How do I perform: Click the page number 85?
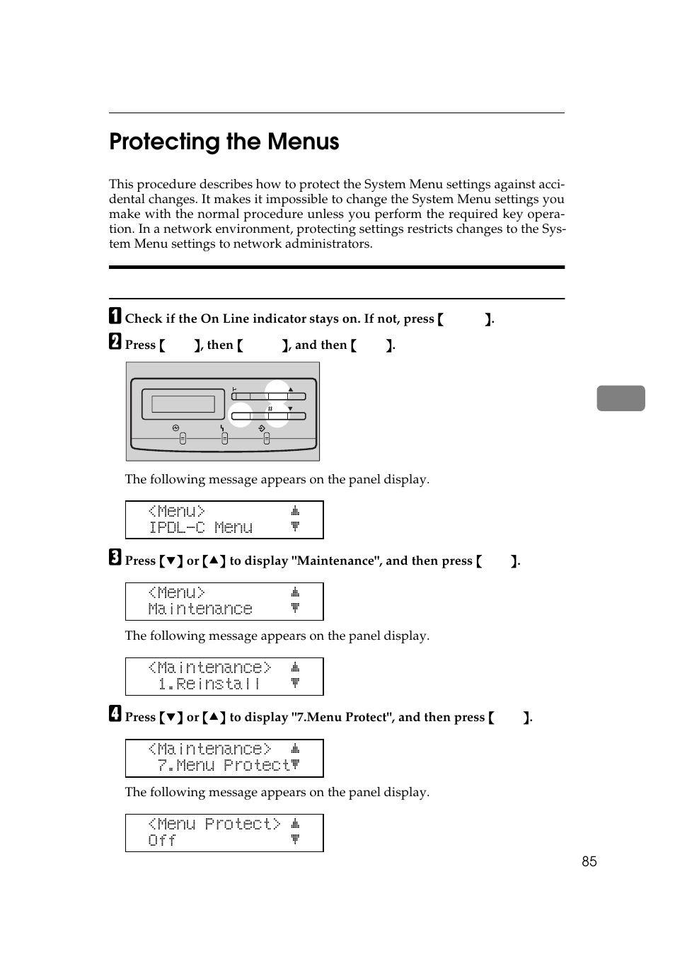(x=589, y=861)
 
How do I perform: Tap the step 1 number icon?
(x=115, y=316)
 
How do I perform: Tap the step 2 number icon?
(x=115, y=343)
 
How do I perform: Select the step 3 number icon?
(x=115, y=558)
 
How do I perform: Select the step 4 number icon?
(x=115, y=715)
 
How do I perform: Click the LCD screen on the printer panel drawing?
(x=183, y=404)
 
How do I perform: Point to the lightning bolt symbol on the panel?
(x=222, y=428)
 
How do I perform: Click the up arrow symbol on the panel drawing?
(x=290, y=389)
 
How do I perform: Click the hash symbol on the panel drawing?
(x=270, y=409)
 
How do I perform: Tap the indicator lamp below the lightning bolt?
(x=224, y=439)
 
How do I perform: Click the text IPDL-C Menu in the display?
(x=200, y=528)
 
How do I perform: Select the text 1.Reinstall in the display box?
(x=209, y=684)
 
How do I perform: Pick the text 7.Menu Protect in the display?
(x=224, y=766)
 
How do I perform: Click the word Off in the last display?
(x=162, y=841)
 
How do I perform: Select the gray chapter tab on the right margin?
(x=621, y=398)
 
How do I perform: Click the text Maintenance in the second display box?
(x=200, y=609)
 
